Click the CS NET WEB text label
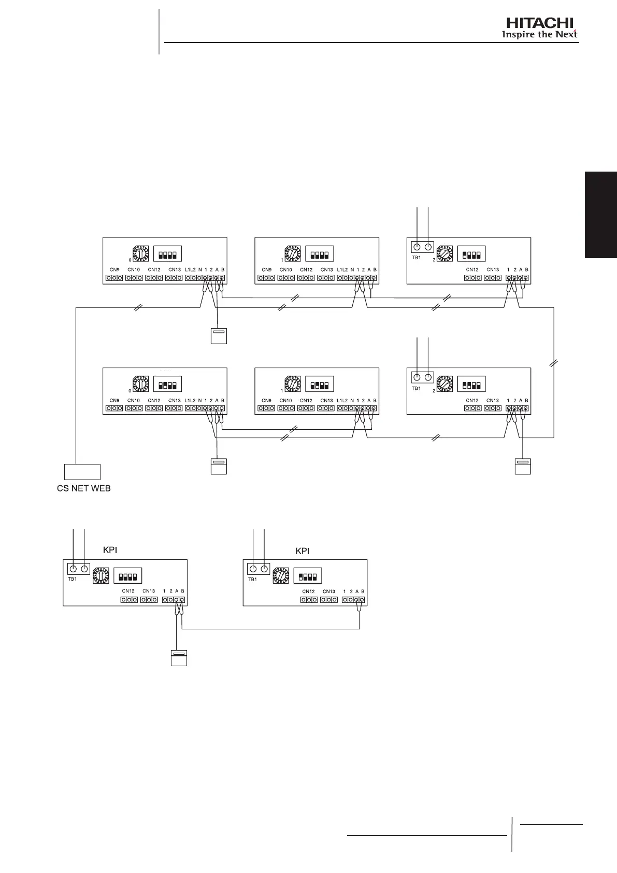[x=83, y=488]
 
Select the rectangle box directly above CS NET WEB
[x=82, y=472]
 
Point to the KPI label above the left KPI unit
[x=110, y=550]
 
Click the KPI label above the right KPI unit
[x=302, y=551]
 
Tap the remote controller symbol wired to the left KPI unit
[x=178, y=658]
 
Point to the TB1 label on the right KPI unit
[x=252, y=580]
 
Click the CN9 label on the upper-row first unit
[x=114, y=270]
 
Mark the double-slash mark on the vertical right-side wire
[x=554, y=364]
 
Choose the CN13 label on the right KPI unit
[x=329, y=591]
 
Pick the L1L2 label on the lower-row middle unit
[x=342, y=400]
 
